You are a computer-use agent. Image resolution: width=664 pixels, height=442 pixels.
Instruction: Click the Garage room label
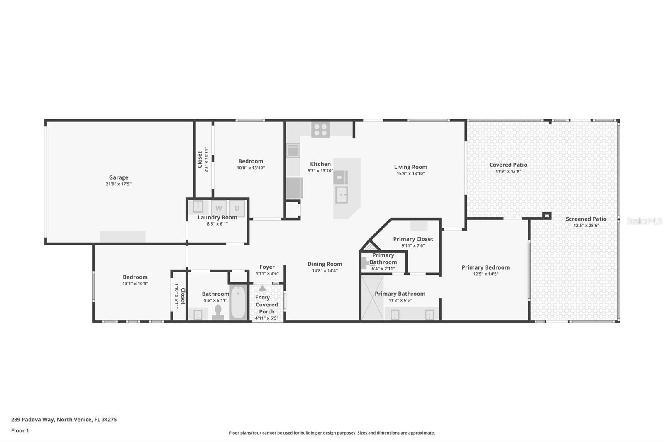click(119, 177)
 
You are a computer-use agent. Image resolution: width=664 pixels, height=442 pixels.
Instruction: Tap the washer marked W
click(219, 208)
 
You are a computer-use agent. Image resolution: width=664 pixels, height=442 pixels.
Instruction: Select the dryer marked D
click(237, 208)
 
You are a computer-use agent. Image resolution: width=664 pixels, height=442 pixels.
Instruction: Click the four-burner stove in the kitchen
click(320, 130)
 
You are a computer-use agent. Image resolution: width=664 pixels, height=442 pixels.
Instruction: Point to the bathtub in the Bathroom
click(238, 302)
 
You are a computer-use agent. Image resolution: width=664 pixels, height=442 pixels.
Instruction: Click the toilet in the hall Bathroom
click(218, 313)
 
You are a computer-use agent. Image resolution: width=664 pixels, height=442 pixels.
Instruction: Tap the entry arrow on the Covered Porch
click(262, 288)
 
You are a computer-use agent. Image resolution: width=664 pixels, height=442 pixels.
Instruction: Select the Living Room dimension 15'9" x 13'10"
click(410, 174)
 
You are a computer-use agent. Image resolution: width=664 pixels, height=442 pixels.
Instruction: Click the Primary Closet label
click(413, 239)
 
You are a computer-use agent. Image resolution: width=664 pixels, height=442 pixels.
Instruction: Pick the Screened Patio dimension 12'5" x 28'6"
click(586, 226)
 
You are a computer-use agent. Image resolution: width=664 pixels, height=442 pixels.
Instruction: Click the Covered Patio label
click(508, 165)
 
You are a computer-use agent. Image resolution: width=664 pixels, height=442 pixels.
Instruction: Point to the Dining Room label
click(325, 264)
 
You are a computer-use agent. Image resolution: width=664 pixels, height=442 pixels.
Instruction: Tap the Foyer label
click(267, 267)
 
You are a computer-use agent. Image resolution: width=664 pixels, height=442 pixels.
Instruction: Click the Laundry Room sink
click(198, 207)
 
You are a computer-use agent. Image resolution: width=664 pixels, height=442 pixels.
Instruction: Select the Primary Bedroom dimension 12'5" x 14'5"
click(486, 274)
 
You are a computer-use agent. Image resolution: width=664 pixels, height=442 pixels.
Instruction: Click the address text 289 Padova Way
click(32, 420)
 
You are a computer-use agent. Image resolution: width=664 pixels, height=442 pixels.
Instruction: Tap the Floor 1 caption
click(20, 430)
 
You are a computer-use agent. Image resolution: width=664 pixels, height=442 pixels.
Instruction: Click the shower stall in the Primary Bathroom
click(372, 298)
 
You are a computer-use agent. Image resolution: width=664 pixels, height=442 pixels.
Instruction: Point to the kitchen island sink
click(341, 194)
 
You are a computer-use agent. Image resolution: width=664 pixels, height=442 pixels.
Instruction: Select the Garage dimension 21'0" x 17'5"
click(119, 184)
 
